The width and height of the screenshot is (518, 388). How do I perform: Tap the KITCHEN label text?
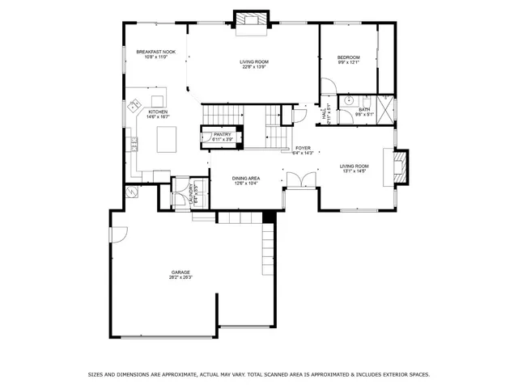click(157, 112)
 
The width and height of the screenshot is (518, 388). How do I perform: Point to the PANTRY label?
click(222, 134)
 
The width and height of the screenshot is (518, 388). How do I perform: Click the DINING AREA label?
click(246, 178)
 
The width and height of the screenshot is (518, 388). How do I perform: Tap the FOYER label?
click(303, 148)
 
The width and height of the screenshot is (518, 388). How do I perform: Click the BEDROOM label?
click(349, 57)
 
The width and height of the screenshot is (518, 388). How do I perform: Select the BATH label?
click(365, 109)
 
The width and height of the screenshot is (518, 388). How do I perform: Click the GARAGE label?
click(180, 272)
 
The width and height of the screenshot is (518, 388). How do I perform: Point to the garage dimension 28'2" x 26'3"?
click(180, 277)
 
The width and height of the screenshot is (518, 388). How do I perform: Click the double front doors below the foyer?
click(299, 180)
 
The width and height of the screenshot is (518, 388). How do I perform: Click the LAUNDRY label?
click(191, 193)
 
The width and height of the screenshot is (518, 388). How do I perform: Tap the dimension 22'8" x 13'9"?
click(254, 67)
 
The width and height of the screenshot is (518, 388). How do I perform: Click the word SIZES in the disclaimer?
click(96, 374)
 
